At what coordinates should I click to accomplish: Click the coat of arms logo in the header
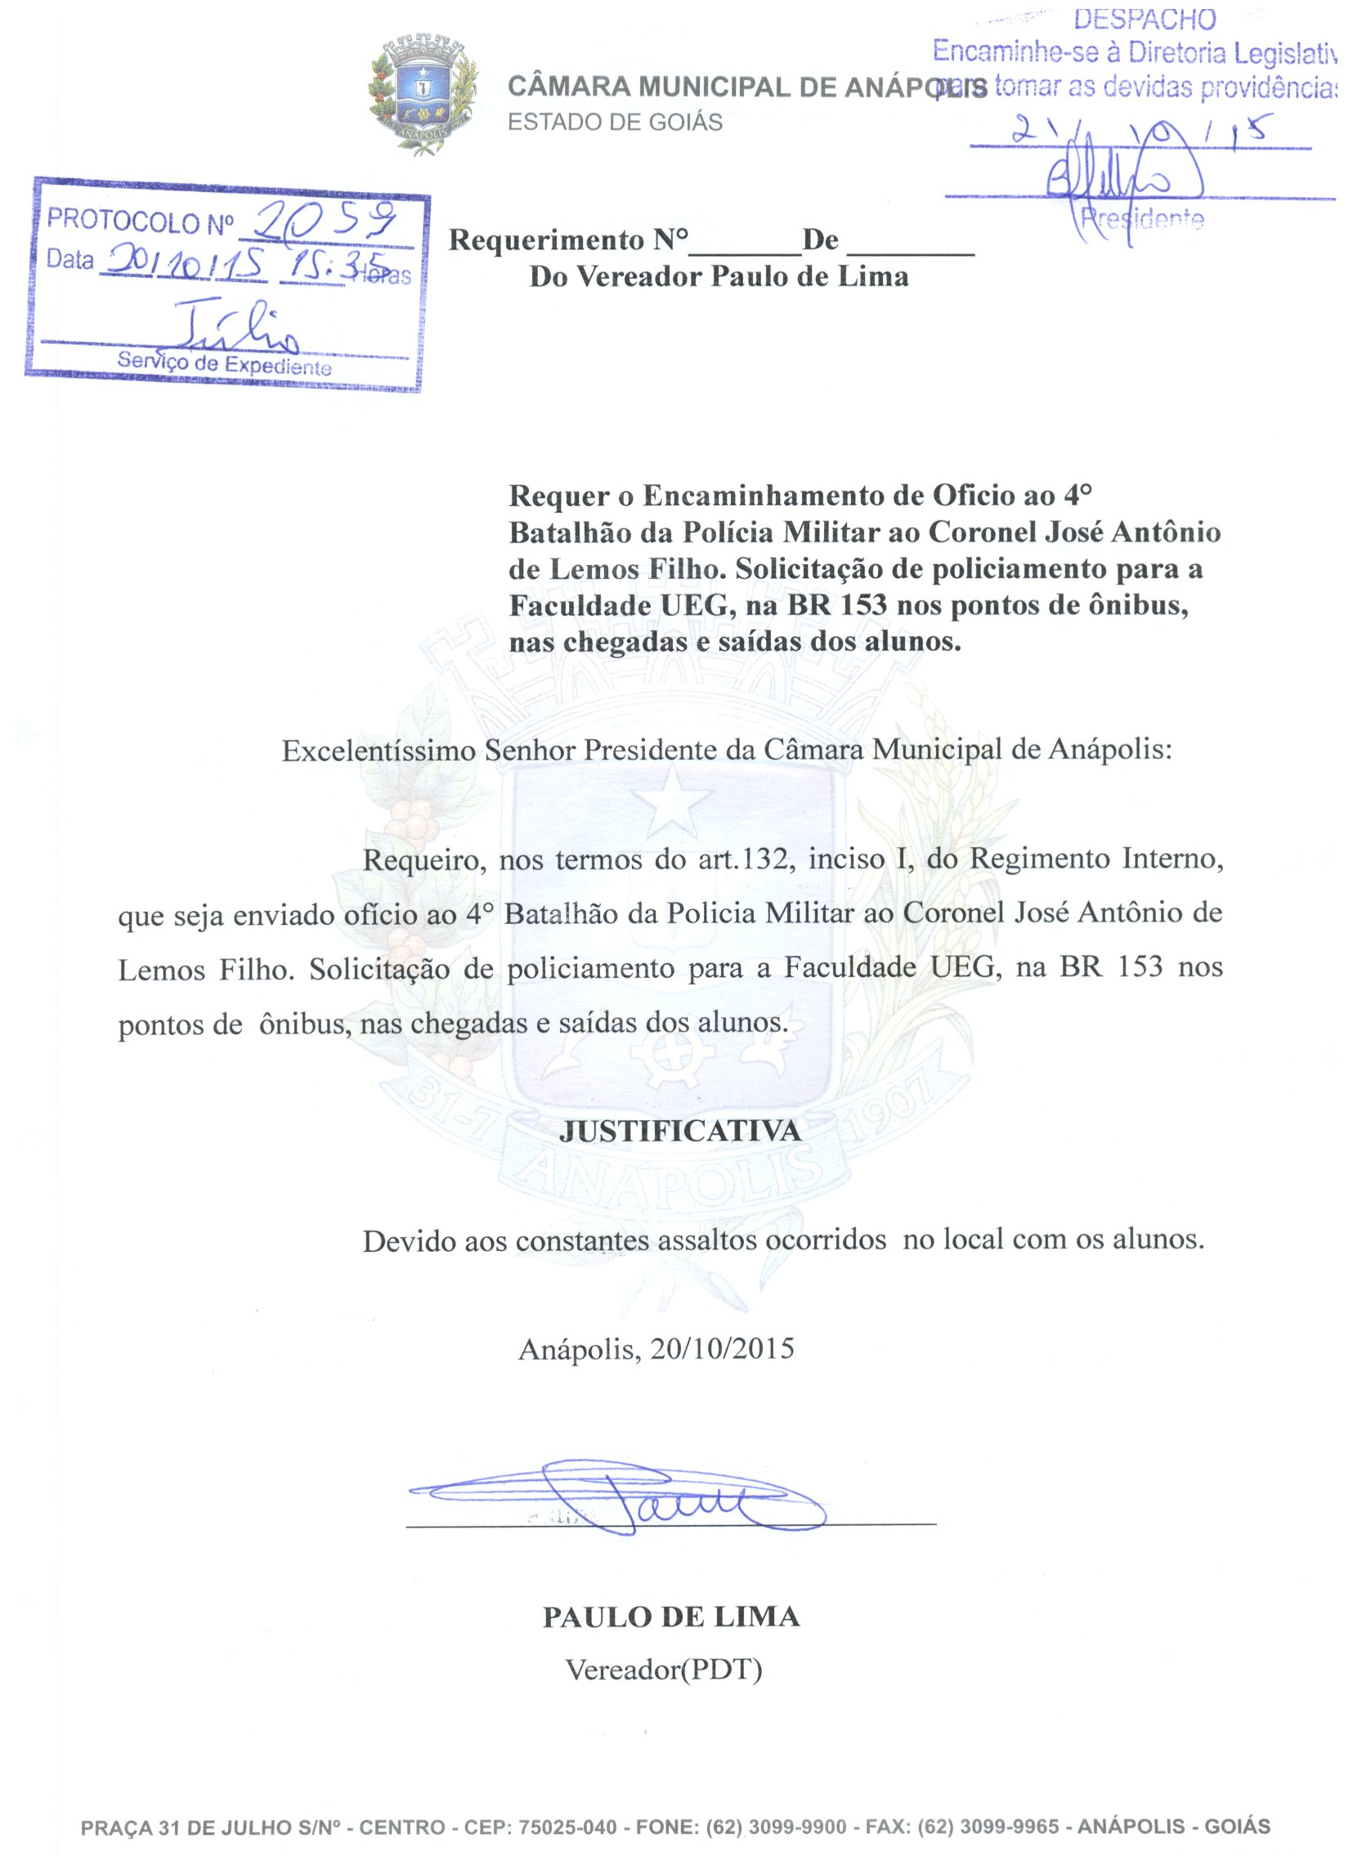tap(422, 95)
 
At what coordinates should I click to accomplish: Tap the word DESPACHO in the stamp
tap(1145, 20)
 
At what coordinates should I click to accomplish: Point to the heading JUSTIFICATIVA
tap(680, 1130)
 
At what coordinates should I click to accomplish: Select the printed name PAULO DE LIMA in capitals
tap(671, 1616)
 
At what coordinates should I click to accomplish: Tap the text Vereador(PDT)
tap(664, 1670)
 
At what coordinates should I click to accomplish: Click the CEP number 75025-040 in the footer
tap(567, 1827)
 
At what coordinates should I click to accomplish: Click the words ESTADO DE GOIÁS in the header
tap(615, 122)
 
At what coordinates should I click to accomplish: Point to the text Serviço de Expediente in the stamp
tap(224, 363)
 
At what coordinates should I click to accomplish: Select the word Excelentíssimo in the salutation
tap(379, 751)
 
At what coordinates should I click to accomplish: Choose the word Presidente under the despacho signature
tap(1142, 218)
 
